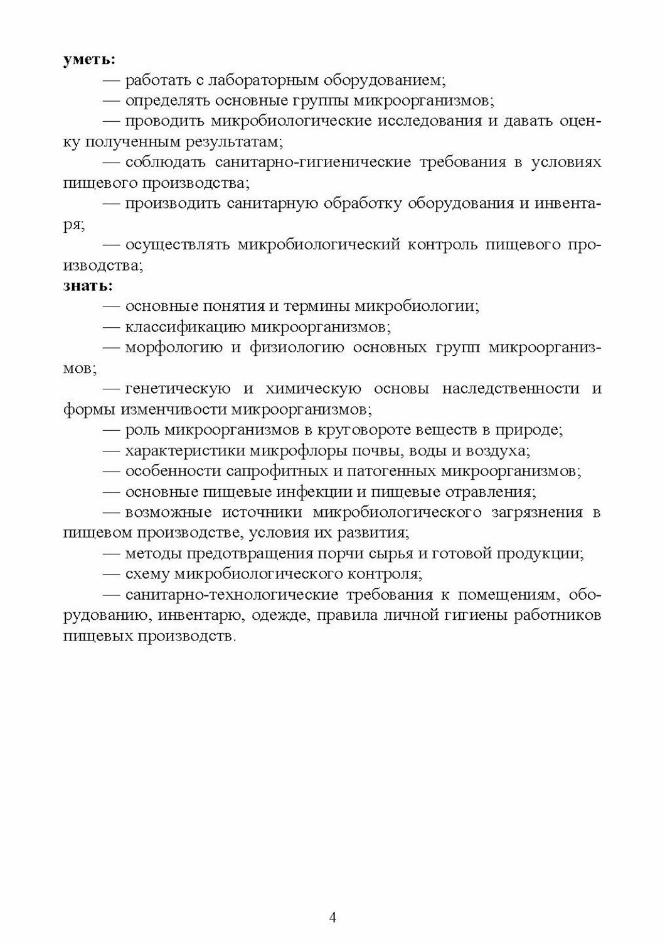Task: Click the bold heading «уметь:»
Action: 89,60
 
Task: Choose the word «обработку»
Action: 364,203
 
